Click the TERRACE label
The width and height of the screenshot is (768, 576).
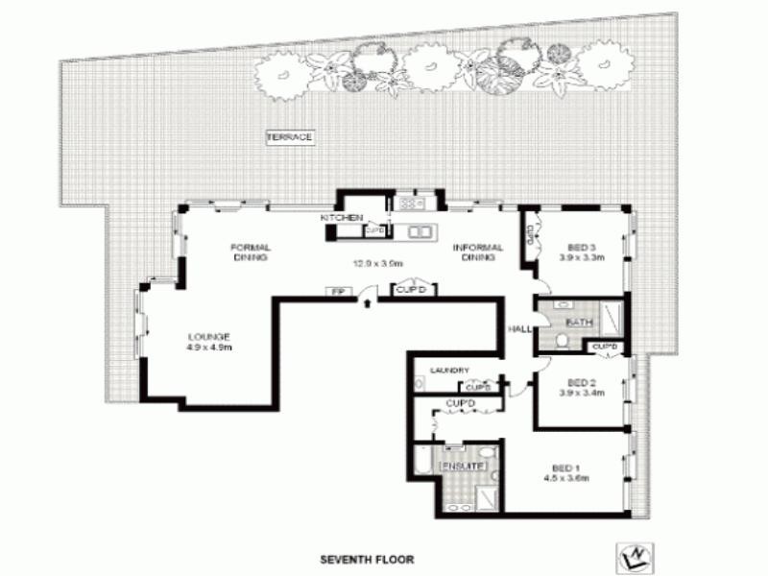tap(289, 138)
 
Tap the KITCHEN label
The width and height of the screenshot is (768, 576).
tap(342, 219)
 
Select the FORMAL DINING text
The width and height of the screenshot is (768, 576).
tap(249, 252)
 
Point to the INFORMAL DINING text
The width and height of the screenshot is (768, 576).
tap(477, 252)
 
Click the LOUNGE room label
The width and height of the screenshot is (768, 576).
tap(208, 336)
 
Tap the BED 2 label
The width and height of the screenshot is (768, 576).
tap(580, 379)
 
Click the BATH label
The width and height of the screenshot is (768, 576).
tap(579, 322)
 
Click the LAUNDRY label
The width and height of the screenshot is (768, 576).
tap(448, 370)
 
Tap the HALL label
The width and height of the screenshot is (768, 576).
tap(519, 329)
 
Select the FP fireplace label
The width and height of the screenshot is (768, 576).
tap(337, 291)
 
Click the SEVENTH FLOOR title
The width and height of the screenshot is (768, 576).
tap(367, 558)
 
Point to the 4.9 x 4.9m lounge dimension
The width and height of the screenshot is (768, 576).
tap(208, 347)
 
